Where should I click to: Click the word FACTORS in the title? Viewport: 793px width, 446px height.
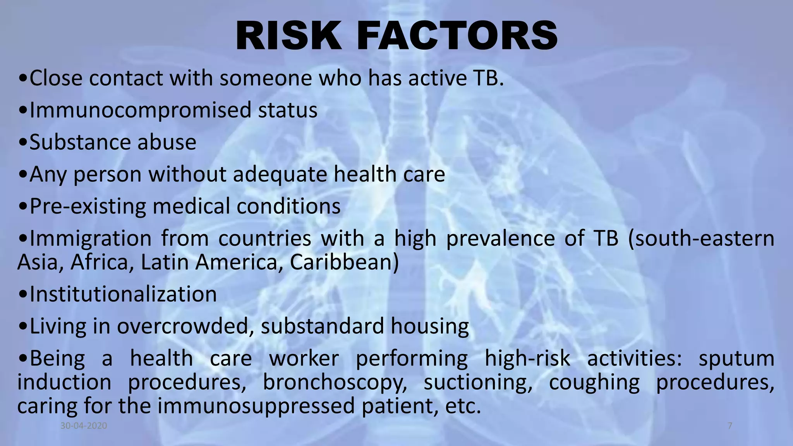point(457,36)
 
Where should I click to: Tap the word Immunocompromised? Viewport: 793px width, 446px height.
point(140,110)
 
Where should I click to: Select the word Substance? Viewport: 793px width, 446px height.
point(76,142)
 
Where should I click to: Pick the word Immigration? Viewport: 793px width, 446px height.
point(91,238)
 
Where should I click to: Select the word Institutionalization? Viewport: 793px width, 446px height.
point(123,294)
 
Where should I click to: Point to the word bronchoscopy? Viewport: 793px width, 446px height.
point(335,383)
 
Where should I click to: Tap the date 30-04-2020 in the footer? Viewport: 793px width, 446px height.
point(84,426)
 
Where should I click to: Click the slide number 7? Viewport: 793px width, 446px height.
point(730,426)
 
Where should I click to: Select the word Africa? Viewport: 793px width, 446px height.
point(100,262)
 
